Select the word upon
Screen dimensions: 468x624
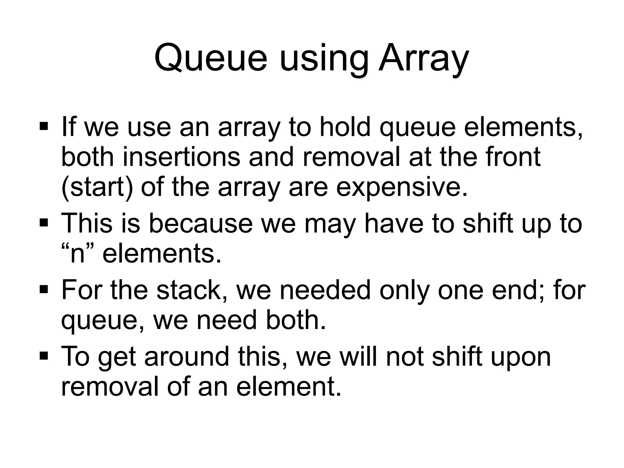(x=520, y=357)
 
